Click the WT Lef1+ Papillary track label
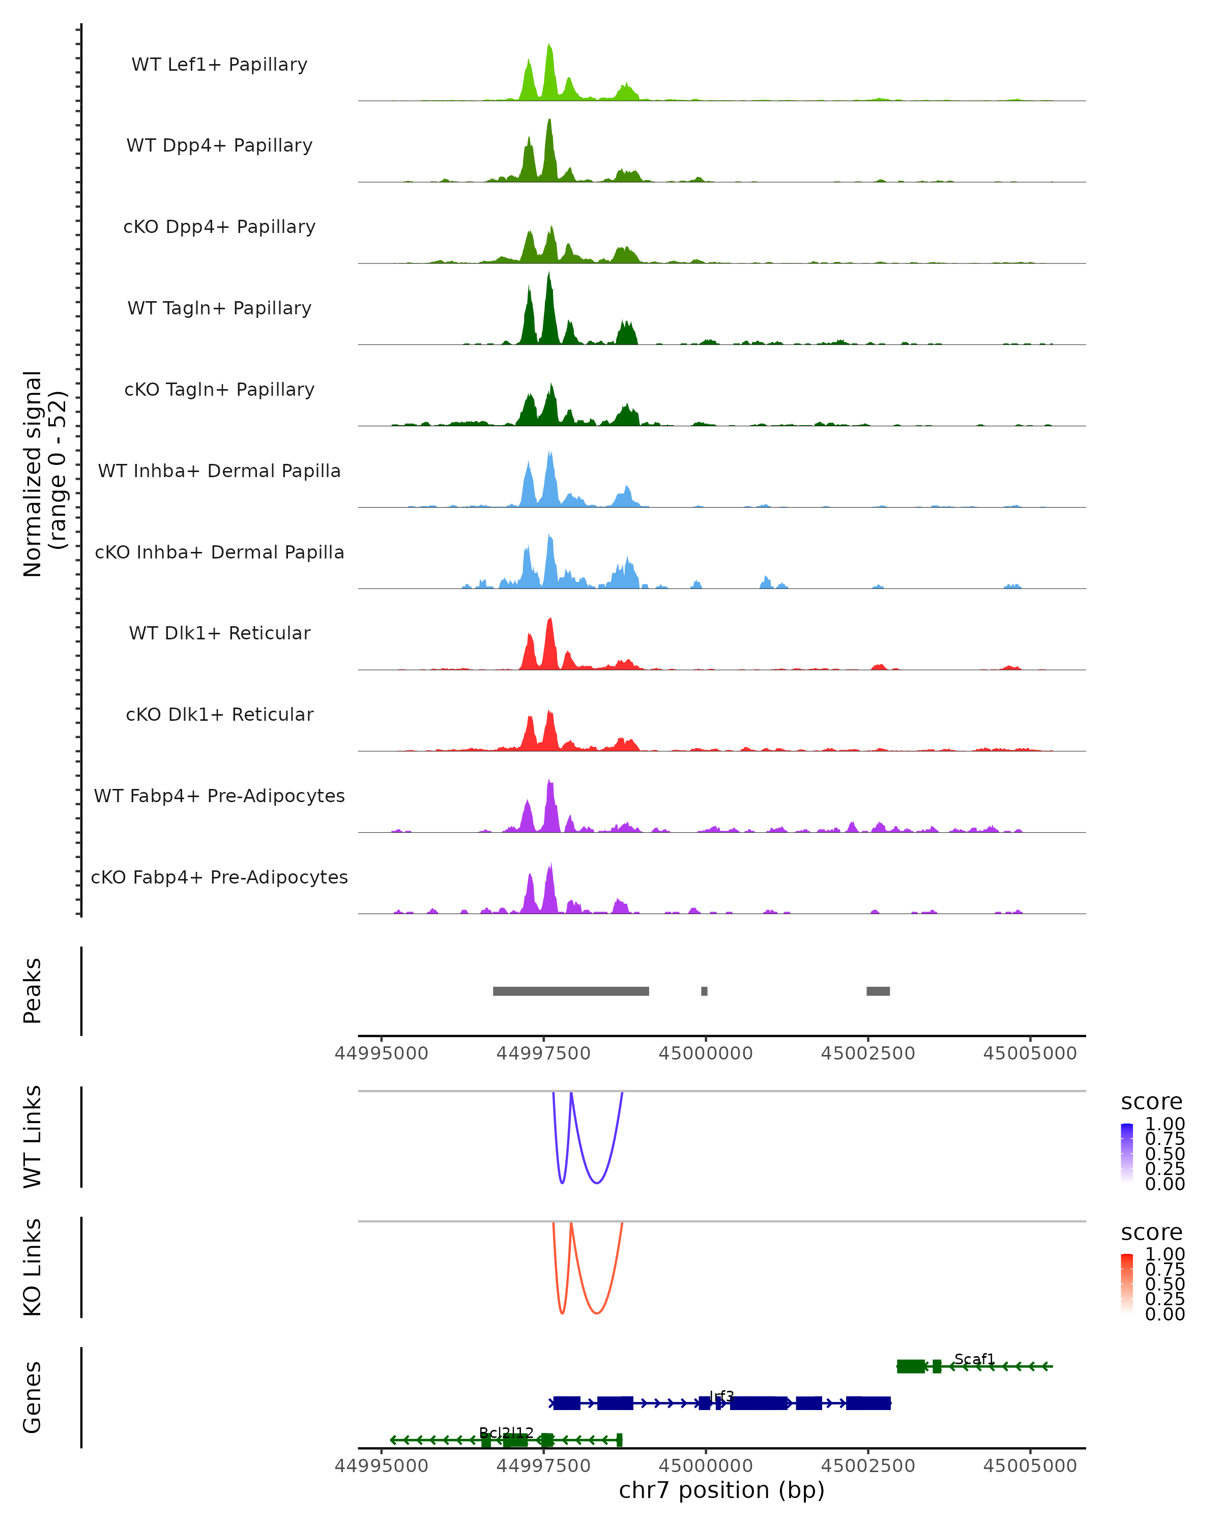point(219,65)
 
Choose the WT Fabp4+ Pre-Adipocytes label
point(219,796)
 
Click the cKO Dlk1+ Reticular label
point(219,714)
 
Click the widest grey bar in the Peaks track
point(570,991)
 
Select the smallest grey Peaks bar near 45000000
point(704,991)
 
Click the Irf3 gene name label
point(721,1396)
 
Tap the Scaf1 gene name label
point(974,1359)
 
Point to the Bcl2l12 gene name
point(506,1432)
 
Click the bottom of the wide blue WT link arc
point(597,1183)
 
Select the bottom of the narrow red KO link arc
point(562,1313)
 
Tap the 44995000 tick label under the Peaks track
point(382,1053)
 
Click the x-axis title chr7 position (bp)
point(721,1490)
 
